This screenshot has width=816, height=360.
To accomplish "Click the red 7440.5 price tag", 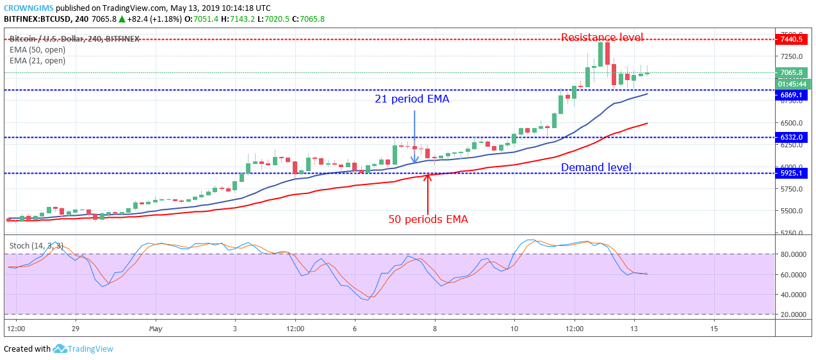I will click(791, 39).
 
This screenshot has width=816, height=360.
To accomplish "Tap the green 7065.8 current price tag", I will click(791, 73).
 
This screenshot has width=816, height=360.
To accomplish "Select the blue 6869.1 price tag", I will click(791, 95).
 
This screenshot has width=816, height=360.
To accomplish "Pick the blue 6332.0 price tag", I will click(791, 137).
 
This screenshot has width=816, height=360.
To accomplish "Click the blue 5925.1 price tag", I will click(791, 173).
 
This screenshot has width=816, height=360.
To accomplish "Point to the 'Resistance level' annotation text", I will click(602, 37).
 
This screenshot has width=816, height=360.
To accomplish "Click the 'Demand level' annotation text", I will click(596, 168).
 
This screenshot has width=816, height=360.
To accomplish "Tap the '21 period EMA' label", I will click(412, 99).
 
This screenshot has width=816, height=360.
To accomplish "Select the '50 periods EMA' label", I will click(428, 219).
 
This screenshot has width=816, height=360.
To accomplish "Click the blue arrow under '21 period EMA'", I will click(415, 138).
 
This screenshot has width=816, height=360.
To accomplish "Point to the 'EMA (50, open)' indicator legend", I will click(37, 49).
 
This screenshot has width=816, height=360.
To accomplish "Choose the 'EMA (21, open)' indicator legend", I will click(37, 61).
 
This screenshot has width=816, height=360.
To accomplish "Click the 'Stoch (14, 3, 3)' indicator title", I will click(36, 244).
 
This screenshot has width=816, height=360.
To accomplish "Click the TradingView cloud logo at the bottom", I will click(60, 348).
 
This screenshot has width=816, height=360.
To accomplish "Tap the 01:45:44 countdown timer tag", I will click(791, 84).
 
